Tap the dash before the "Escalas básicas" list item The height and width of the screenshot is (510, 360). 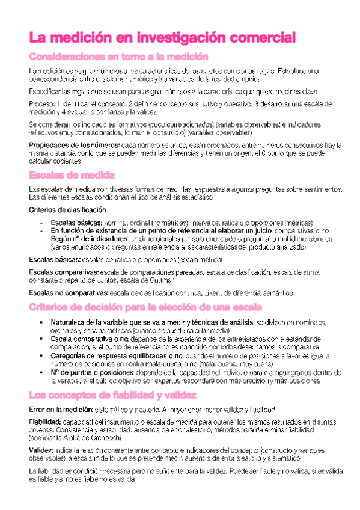pos(40,222)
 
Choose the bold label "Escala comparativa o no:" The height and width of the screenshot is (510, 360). pos(90,339)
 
